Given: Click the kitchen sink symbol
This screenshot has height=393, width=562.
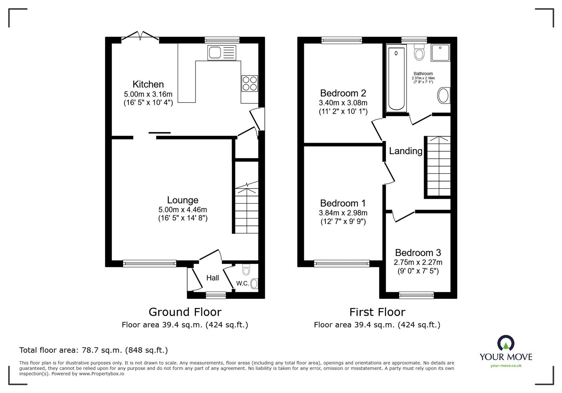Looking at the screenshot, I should coord(222,53).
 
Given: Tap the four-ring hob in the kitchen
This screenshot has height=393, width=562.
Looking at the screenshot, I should coord(249,84).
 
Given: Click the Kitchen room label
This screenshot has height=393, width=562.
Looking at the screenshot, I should coord(148,84).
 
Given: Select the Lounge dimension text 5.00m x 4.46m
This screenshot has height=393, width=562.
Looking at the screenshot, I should coord(182,210).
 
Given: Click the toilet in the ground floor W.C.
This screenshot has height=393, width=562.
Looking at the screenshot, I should coord(246,270).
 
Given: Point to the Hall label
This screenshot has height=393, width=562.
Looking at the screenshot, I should coord(213,278).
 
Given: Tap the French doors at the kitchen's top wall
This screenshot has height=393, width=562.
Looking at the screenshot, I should coord(140,37).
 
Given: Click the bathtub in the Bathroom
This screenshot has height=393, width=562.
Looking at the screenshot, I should coord(396,79).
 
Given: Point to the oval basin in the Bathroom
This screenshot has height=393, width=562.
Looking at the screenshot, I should coord(443,96).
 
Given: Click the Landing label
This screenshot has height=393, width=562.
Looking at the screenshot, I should coord(405,151).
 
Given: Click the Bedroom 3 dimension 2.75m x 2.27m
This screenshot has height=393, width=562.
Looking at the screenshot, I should coord(418,262).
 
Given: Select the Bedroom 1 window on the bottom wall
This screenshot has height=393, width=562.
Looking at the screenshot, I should coord(342,263).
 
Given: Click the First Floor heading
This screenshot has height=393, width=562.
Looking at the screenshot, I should coord(377,312).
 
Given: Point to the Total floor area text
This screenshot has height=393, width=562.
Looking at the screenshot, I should coord(93,350).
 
